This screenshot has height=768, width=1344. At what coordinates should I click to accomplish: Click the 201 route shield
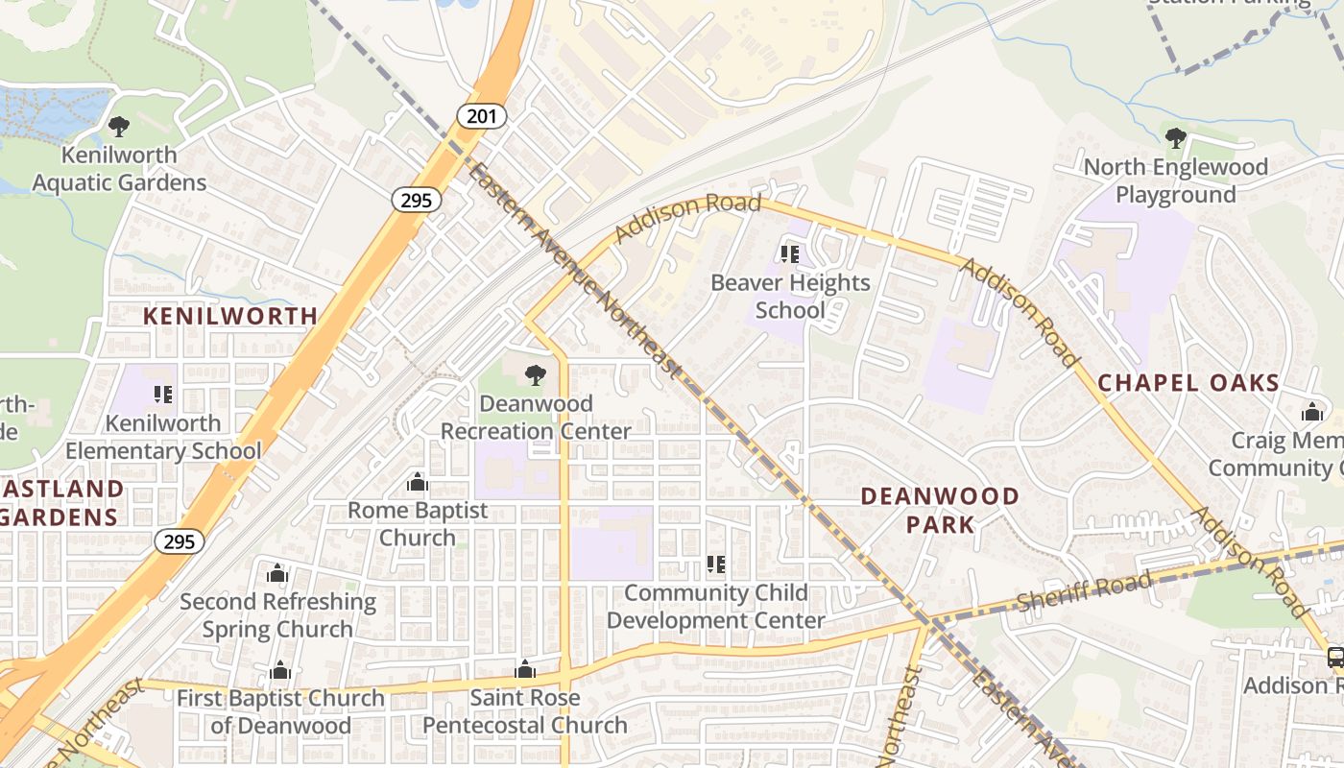[482, 116]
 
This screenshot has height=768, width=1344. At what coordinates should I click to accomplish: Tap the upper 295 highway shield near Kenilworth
[417, 200]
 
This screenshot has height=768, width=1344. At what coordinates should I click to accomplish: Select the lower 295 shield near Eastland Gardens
[180, 541]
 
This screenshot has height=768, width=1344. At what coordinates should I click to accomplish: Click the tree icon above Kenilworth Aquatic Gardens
[119, 126]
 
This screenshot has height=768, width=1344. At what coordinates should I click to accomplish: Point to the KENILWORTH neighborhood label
[230, 316]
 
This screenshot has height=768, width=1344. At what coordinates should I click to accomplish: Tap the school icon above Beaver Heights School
[789, 254]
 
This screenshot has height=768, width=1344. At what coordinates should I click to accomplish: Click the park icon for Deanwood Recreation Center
[535, 375]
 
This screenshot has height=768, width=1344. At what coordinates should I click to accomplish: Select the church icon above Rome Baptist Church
[418, 482]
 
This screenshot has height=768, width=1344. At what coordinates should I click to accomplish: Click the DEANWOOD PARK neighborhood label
[939, 510]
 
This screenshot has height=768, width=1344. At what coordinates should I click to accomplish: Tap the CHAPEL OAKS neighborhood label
[1188, 383]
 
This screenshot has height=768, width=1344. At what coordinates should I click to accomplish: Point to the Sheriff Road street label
[1084, 592]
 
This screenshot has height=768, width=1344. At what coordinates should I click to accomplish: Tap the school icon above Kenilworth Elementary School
[162, 395]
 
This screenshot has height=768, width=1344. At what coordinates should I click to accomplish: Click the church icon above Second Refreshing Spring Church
[277, 574]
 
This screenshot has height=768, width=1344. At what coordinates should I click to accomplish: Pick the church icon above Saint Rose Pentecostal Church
[525, 669]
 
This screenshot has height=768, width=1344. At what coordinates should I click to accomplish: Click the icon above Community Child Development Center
[715, 564]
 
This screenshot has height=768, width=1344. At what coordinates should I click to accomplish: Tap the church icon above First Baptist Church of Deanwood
[280, 670]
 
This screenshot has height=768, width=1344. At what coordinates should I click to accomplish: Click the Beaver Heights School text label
[790, 296]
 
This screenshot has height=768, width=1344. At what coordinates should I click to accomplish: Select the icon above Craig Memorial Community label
[1312, 413]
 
